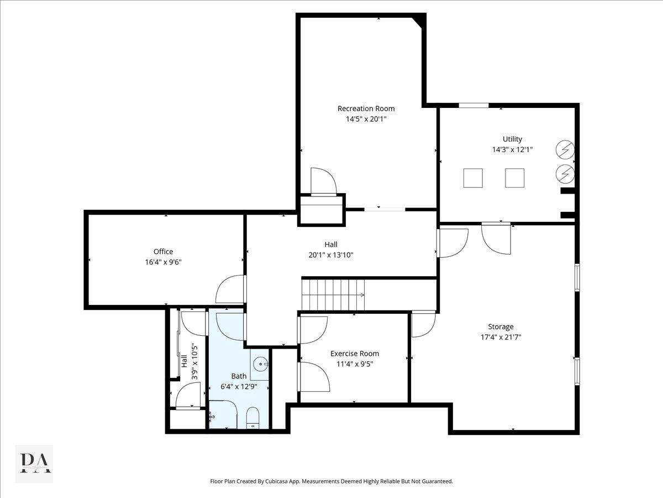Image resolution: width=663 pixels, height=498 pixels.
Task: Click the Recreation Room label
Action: [366, 108]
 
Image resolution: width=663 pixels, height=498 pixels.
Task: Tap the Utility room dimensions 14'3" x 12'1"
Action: [512, 149]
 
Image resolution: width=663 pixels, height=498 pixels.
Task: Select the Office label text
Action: [163, 252]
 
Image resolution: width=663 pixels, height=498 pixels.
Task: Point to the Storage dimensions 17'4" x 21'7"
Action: [501, 336]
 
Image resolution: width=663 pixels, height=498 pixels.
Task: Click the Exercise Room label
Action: [355, 354]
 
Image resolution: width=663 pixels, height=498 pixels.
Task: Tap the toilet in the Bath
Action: [252, 417]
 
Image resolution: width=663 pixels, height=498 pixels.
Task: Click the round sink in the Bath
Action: [260, 364]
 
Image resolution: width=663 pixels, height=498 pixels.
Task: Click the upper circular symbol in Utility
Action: [565, 149]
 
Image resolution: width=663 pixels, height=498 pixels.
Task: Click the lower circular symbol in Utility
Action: [565, 173]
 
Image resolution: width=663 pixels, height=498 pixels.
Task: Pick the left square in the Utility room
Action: [473, 178]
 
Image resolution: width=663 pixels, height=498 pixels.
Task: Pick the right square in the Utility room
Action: [515, 178]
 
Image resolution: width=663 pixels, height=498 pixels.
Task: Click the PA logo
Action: [34, 463]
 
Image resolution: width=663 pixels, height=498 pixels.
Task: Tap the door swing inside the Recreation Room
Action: [323, 181]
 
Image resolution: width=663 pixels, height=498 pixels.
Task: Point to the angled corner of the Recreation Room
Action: [419, 22]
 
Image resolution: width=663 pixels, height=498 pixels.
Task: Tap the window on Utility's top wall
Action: [473, 105]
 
